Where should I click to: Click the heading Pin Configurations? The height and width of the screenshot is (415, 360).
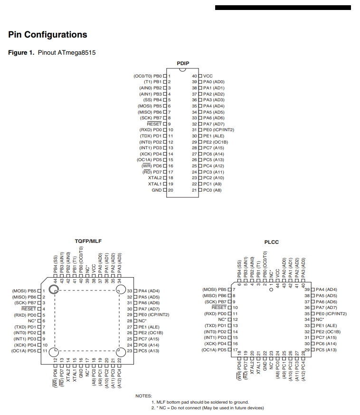coord(47,35)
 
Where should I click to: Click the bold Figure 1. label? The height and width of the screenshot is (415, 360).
coord(21,52)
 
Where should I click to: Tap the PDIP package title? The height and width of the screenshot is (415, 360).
coord(183,63)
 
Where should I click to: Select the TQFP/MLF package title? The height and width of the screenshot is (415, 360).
coord(88,241)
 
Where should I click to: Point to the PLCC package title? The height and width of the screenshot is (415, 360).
coord(271,242)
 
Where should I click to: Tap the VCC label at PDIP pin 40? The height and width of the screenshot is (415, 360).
coord(208,76)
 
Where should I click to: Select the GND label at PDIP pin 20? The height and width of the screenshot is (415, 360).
coord(157,190)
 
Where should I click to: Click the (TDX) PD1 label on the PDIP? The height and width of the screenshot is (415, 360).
coord(151,136)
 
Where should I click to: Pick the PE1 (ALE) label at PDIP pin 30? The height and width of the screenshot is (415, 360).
coord(214,136)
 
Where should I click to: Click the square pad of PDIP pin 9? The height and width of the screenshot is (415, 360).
coord(165,124)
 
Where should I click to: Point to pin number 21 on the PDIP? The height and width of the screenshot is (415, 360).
coord(194,190)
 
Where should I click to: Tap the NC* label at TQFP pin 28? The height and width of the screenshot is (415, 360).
coord(142,321)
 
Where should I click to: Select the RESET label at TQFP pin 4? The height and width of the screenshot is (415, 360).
coord(28,309)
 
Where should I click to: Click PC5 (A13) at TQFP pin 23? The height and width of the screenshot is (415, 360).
coord(149,351)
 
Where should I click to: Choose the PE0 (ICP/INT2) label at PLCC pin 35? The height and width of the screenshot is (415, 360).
coord(331,314)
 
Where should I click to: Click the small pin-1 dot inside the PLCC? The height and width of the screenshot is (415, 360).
coord(271,290)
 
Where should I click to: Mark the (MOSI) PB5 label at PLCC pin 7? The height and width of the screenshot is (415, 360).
coord(215,290)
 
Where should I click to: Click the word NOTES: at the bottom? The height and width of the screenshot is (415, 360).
coord(143,396)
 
